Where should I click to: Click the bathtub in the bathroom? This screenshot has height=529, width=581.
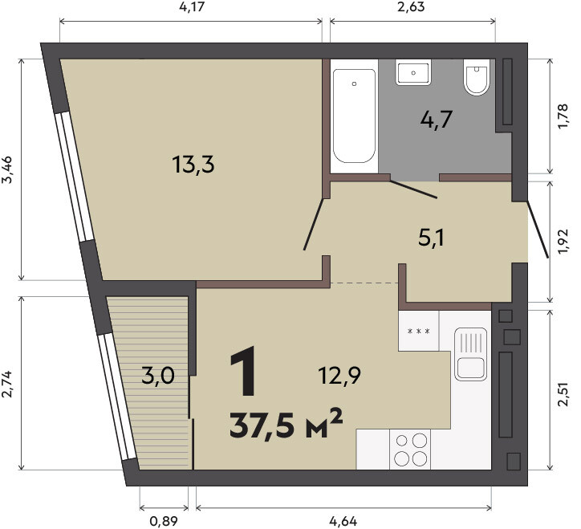coord(354,116)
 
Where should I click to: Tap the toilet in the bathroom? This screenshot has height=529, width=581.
coord(477,77)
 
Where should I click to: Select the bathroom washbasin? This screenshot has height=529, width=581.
coord(413,72)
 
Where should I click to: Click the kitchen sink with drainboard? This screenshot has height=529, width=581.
coord(470,354)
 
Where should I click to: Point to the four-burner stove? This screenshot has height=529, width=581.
coord(410,450)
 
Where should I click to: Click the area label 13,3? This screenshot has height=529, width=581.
coord(193,165)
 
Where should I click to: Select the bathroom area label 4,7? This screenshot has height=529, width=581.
coord(437,120)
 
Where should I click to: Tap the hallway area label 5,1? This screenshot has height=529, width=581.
coord(431,238)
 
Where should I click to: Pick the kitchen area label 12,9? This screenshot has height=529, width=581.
coord(339,376)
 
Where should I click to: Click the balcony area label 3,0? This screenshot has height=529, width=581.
coord(158,376)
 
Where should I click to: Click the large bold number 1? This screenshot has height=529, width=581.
coord(244,371)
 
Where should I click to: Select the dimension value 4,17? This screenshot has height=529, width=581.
coord(192,6)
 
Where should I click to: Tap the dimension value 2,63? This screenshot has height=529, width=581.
coord(411,6)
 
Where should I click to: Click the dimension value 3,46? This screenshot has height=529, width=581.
coord(8,170)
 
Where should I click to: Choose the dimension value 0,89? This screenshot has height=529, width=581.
coord(164,521)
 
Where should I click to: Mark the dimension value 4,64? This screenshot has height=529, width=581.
coord(343,521)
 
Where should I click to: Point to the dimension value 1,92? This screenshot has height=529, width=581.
coord(563,242)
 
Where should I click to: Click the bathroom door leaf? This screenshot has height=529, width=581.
coord(414,189)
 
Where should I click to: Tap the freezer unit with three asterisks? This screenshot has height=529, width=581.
coord(419,331)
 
